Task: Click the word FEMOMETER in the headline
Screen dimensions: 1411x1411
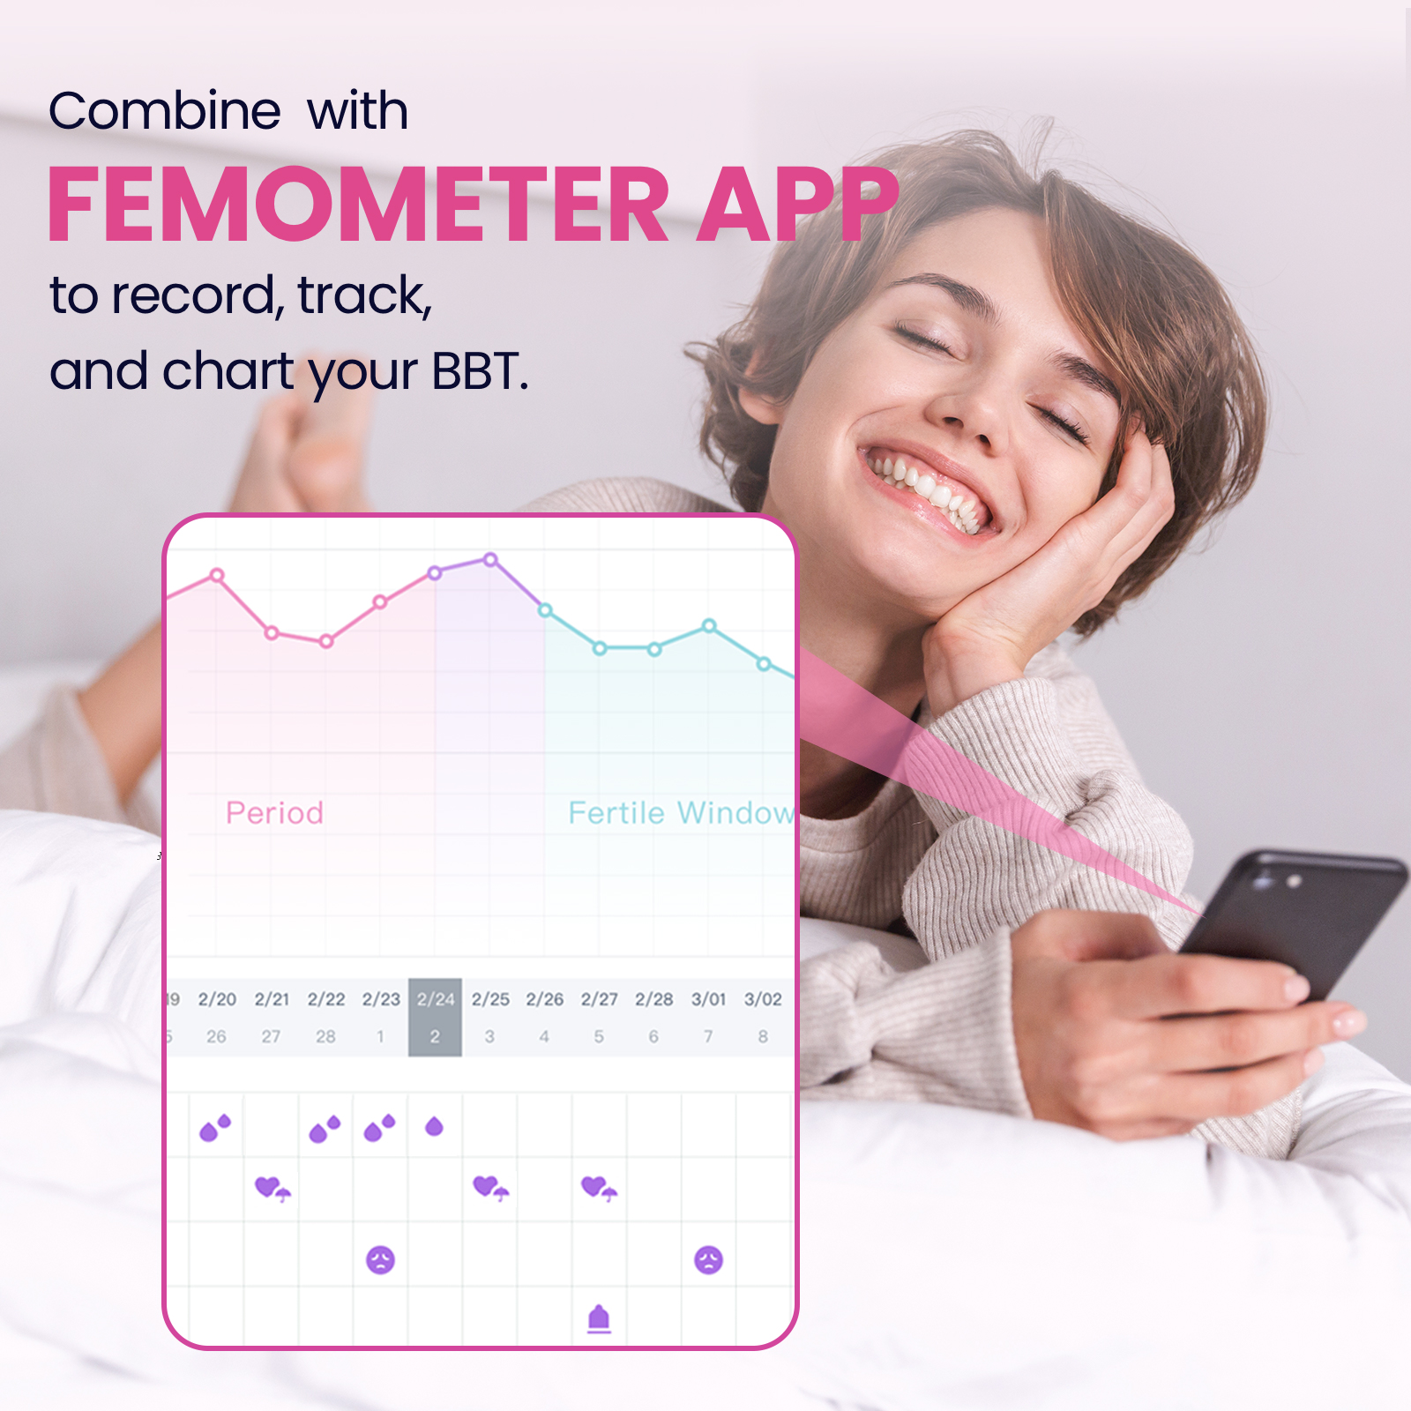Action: point(358,205)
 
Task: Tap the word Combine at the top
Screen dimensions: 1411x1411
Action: point(165,111)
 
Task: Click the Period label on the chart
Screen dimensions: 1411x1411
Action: point(274,812)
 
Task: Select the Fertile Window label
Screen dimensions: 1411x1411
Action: point(681,812)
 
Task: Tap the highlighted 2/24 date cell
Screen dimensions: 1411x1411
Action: point(435,1017)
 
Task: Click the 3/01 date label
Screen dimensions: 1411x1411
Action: point(708,999)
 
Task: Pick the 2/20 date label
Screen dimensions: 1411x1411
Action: point(217,999)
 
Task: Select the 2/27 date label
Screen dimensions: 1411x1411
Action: point(599,999)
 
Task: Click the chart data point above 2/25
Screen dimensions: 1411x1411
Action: point(490,559)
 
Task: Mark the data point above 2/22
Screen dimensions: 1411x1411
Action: point(326,641)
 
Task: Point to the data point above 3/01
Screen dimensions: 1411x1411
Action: point(709,625)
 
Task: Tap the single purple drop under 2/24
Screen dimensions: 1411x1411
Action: point(434,1126)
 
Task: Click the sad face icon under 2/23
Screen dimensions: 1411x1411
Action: point(380,1259)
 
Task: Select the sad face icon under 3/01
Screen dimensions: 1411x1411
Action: point(708,1259)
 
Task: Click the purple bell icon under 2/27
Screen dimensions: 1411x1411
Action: point(599,1318)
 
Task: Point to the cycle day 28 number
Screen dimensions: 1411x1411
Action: point(325,1036)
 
